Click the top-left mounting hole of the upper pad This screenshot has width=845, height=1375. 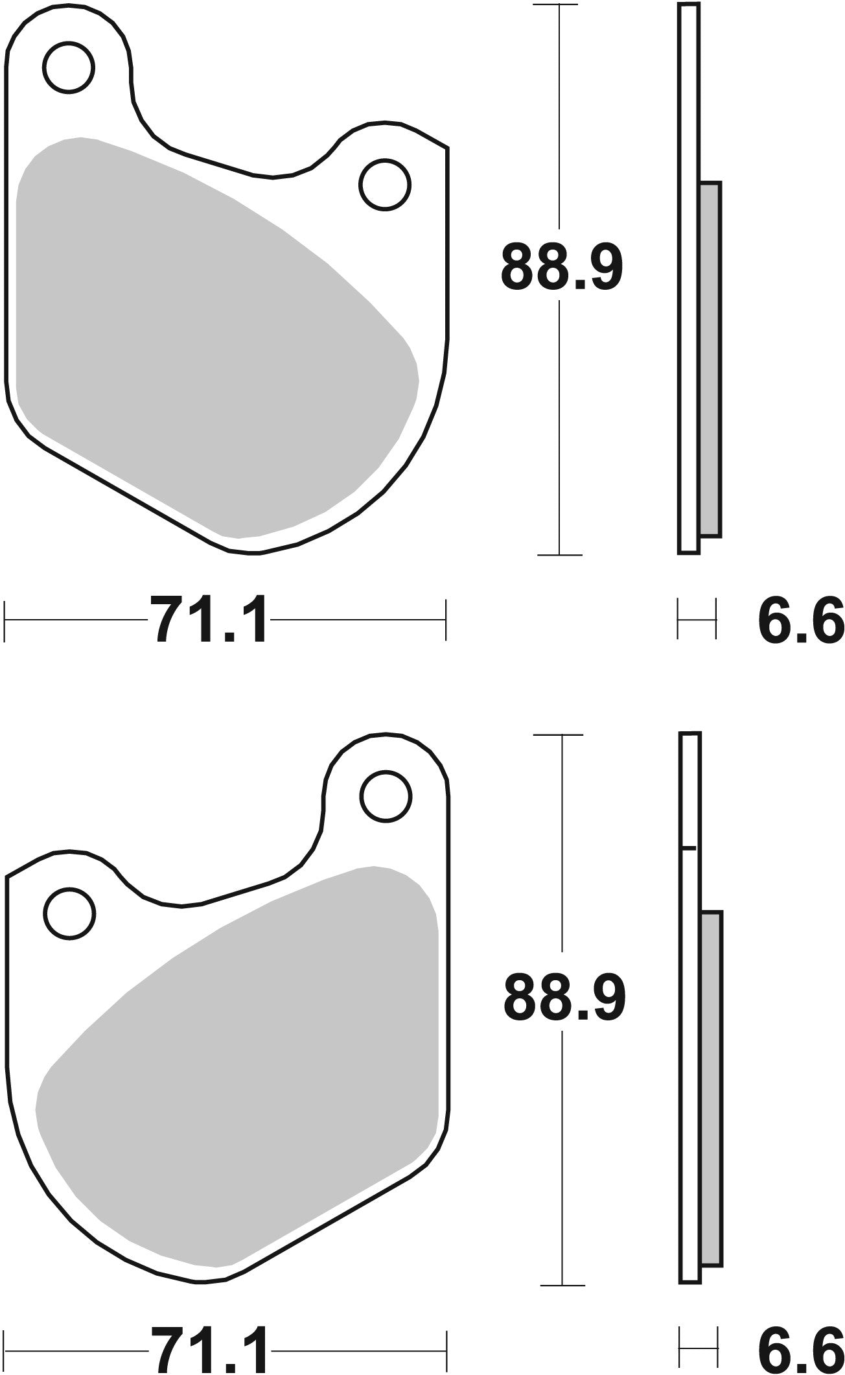[69, 67]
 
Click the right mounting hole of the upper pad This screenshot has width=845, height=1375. [386, 185]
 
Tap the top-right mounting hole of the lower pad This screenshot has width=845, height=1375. [386, 796]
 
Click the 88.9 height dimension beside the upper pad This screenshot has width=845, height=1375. [561, 268]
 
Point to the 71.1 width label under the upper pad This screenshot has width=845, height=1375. [209, 620]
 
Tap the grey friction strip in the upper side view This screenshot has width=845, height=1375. [710, 360]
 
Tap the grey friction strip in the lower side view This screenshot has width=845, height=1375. [711, 1089]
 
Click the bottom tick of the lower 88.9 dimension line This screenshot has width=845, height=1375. [562, 1286]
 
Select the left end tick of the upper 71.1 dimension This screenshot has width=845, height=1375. [5, 620]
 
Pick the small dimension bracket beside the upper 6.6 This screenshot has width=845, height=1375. [697, 620]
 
